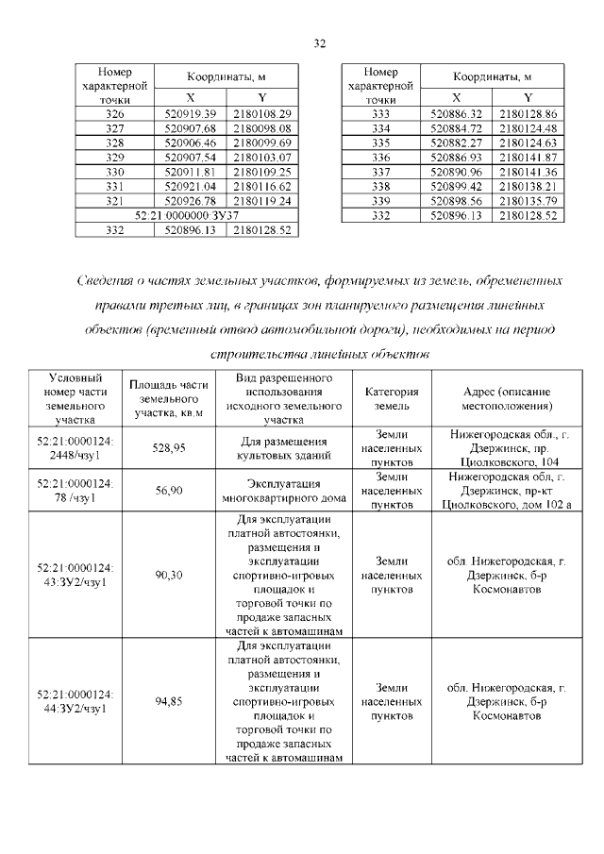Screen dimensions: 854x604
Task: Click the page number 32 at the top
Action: click(319, 43)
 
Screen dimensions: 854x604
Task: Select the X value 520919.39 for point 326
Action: click(191, 113)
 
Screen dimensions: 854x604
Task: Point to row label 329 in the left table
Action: click(115, 157)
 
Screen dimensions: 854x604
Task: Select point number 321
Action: click(115, 201)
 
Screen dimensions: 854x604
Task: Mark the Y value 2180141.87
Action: click(528, 157)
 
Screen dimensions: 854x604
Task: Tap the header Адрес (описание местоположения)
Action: click(507, 399)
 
